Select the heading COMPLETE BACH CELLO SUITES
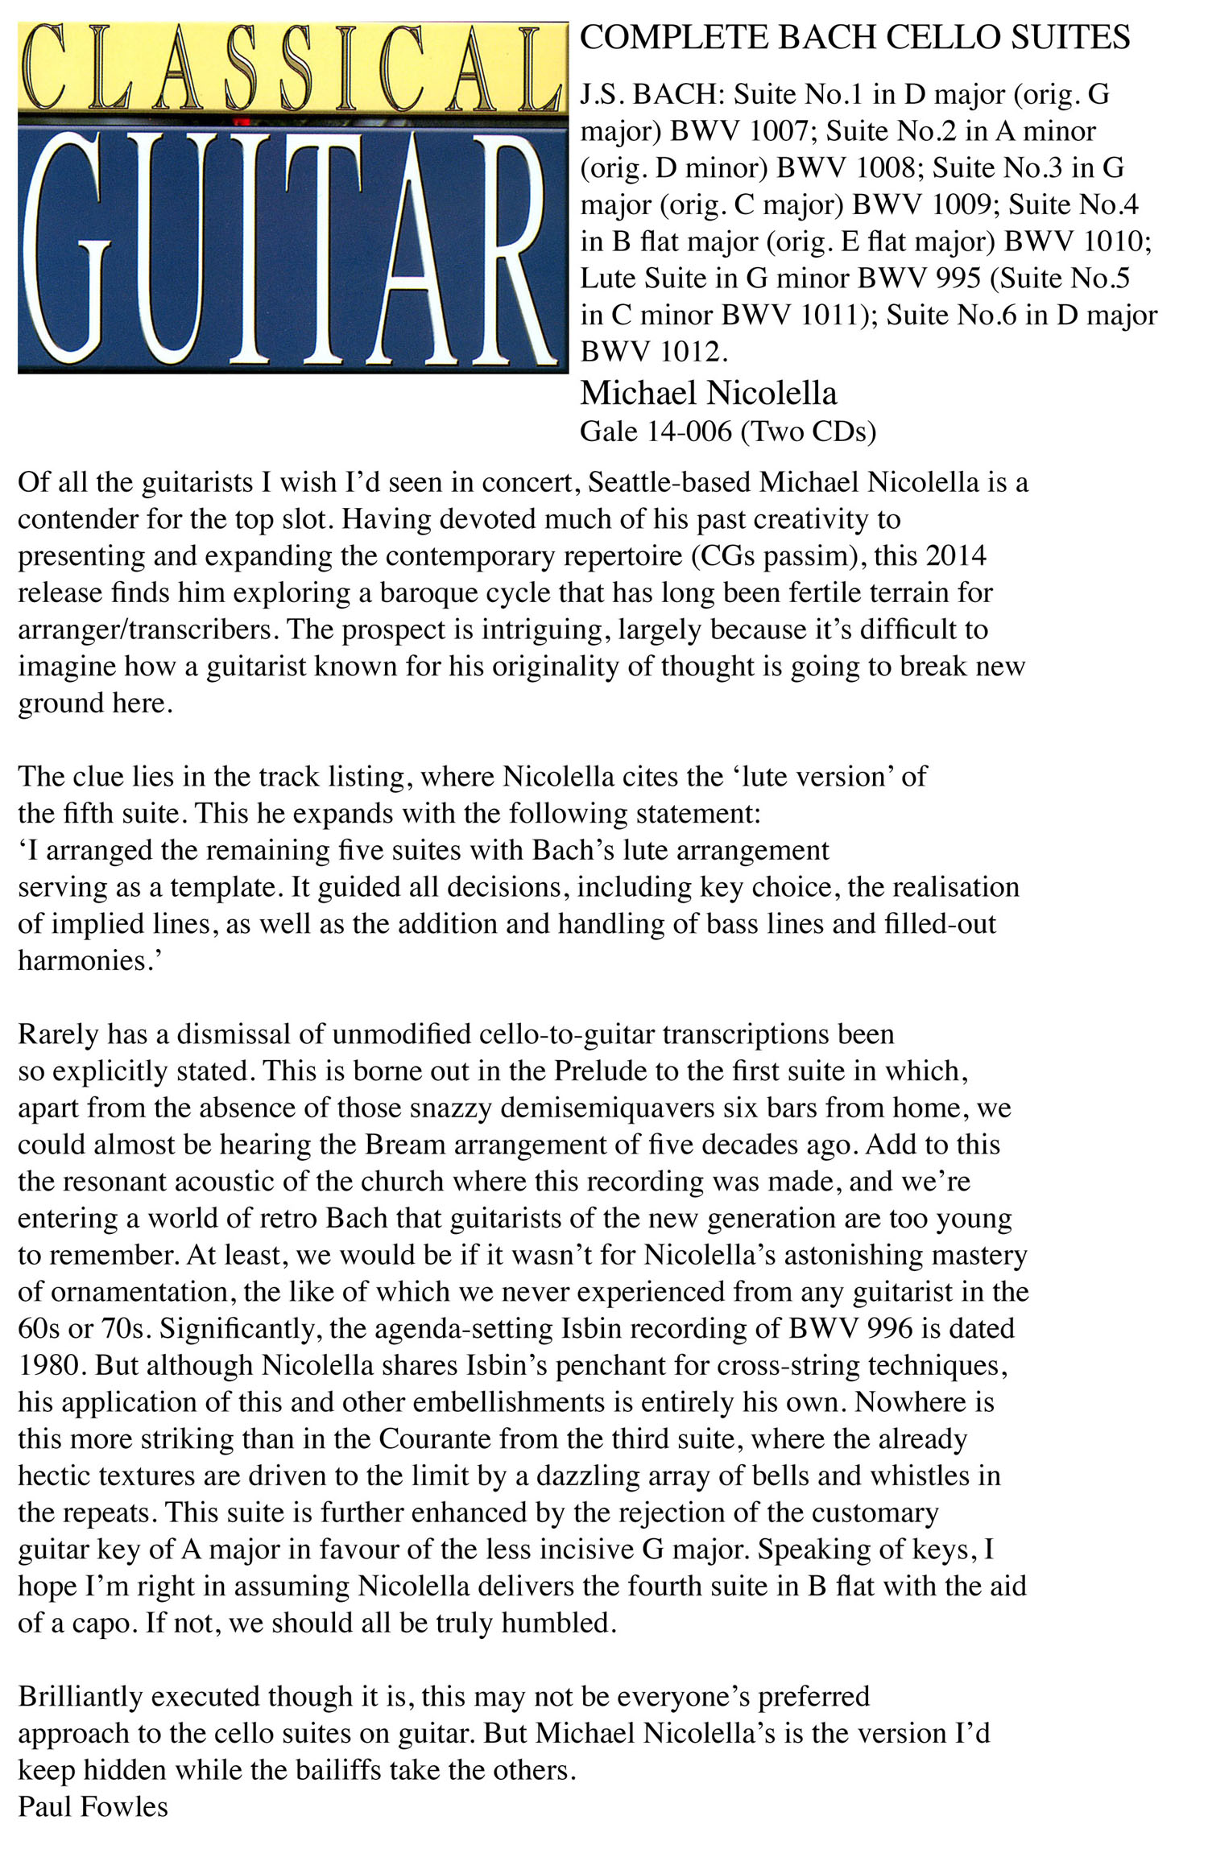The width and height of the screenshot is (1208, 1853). point(854,38)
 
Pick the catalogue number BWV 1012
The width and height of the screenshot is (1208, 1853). point(653,352)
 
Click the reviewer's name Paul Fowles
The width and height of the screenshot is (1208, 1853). point(93,1807)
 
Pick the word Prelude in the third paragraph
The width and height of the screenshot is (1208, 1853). point(603,1071)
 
